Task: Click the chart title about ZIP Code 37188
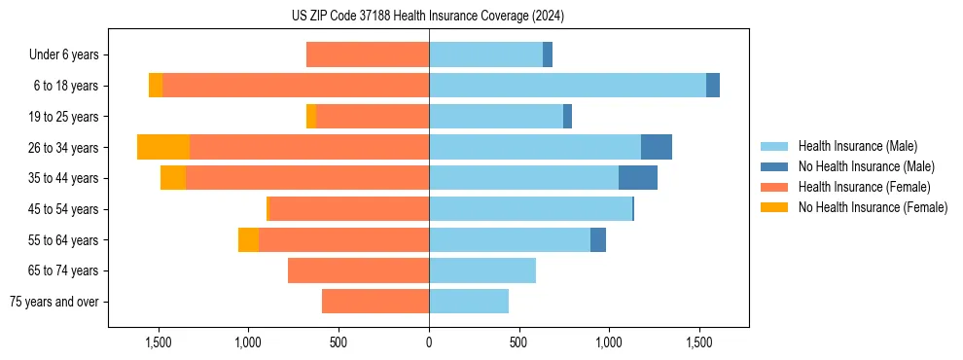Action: tap(428, 16)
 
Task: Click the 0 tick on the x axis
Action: tap(429, 342)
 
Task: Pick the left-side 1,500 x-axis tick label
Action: tap(159, 342)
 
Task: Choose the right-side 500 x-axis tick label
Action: tap(518, 342)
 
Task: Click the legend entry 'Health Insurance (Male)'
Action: tap(857, 146)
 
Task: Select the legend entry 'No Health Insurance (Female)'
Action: tap(873, 207)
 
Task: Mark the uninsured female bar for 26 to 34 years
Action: tap(163, 147)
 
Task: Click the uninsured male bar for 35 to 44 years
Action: tap(638, 178)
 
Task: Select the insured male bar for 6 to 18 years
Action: tap(567, 86)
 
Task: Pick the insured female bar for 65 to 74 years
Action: tap(358, 270)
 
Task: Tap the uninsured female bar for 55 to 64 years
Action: tap(248, 239)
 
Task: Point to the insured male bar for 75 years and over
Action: tap(469, 302)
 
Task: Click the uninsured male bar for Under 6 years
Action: tap(548, 54)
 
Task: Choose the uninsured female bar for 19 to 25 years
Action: tap(311, 117)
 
